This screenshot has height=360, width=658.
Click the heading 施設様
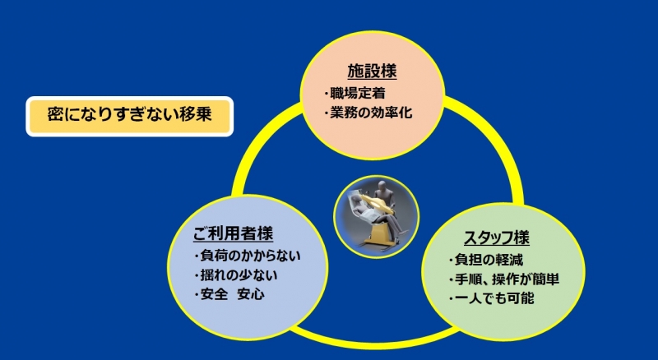372,72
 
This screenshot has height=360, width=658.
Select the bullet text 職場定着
358,93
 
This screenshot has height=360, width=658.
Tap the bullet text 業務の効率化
371,113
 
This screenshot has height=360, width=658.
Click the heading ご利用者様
233,233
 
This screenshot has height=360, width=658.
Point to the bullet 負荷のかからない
250,255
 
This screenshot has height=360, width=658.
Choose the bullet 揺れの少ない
239,275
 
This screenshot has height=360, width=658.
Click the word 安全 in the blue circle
214,294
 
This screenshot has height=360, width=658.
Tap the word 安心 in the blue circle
251,294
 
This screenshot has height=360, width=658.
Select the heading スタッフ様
497,238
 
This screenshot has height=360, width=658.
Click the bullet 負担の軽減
489,260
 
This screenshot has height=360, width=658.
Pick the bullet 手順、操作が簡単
507,279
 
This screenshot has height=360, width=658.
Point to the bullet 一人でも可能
494,298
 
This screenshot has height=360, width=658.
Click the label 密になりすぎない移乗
129,114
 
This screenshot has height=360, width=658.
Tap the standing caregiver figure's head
382,186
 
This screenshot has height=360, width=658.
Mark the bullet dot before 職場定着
326,94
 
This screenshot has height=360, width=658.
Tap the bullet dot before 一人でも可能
451,299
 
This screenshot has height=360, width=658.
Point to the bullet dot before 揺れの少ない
197,275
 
